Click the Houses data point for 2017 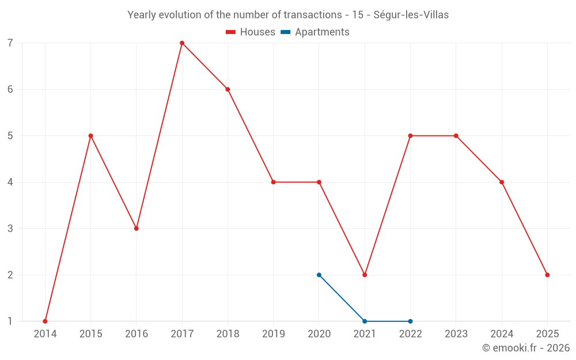pyautogui.click(x=182, y=43)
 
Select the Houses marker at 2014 pyautogui.click(x=45, y=321)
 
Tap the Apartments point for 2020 pyautogui.click(x=319, y=275)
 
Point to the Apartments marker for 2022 pyautogui.click(x=410, y=321)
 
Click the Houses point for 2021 pyautogui.click(x=365, y=275)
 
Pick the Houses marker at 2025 pyautogui.click(x=547, y=275)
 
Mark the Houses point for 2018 pyautogui.click(x=228, y=89)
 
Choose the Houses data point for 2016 pyautogui.click(x=137, y=229)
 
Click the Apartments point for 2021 pyautogui.click(x=365, y=321)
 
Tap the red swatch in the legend pyautogui.click(x=231, y=32)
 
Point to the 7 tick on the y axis pyautogui.click(x=10, y=43)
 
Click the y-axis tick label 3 pyautogui.click(x=10, y=229)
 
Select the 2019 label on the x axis pyautogui.click(x=274, y=334)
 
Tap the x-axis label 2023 pyautogui.click(x=456, y=334)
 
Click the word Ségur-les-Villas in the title pyautogui.click(x=411, y=15)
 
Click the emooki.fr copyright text pyautogui.click(x=526, y=348)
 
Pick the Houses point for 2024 pyautogui.click(x=502, y=182)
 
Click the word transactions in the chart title pyautogui.click(x=313, y=15)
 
